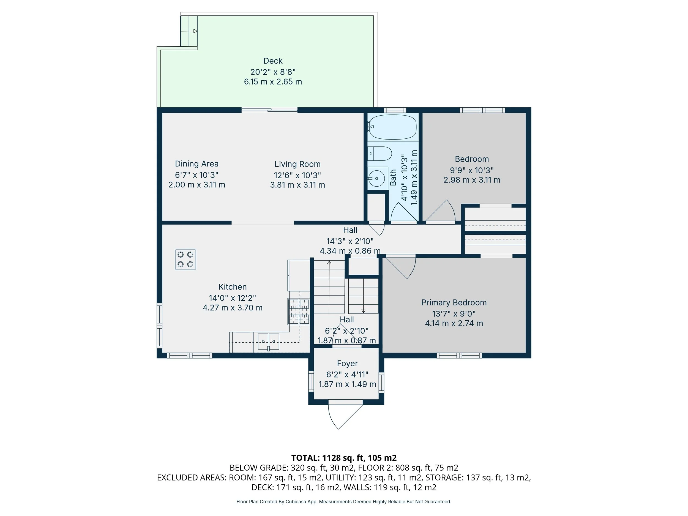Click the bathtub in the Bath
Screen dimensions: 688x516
[392, 127]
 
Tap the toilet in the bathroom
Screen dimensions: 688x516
[380, 154]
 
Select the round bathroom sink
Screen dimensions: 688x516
[377, 179]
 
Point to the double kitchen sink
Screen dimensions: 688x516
[268, 342]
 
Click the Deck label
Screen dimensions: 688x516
[273, 61]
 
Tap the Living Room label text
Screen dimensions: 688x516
[297, 164]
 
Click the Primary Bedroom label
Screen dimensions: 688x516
[454, 302]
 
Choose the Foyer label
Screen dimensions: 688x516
[347, 363]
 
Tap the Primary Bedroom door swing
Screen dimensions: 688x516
[401, 267]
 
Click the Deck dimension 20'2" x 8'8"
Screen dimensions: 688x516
[273, 72]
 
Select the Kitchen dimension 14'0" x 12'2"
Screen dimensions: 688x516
[232, 298]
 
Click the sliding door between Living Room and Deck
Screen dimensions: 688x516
[269, 110]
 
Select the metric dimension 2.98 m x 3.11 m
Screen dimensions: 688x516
[472, 180]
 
